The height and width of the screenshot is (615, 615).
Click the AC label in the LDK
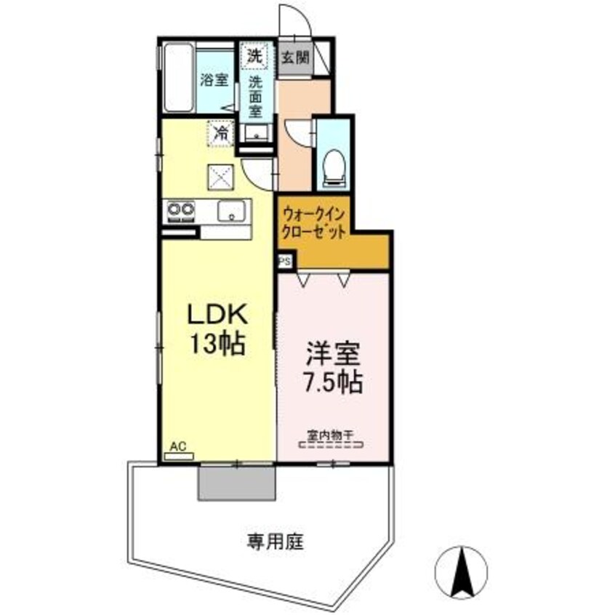178,446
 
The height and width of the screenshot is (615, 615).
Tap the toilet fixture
334,161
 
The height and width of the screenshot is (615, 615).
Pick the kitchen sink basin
231,212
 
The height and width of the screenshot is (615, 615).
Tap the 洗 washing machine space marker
254,55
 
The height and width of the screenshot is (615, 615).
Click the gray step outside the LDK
237,482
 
